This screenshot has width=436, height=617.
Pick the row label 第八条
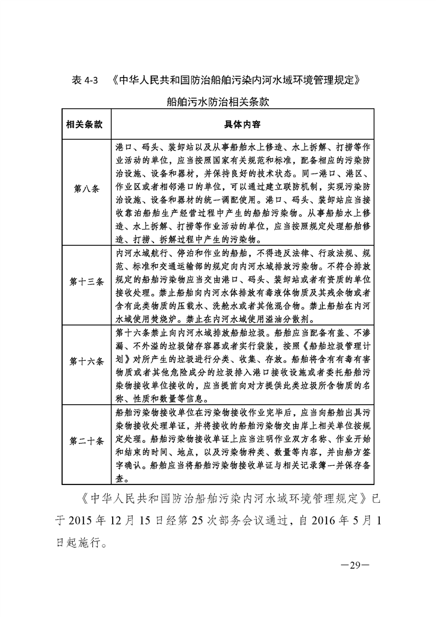click(86, 189)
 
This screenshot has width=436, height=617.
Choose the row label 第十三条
click(86, 282)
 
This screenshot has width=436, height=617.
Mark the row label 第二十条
click(86, 442)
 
